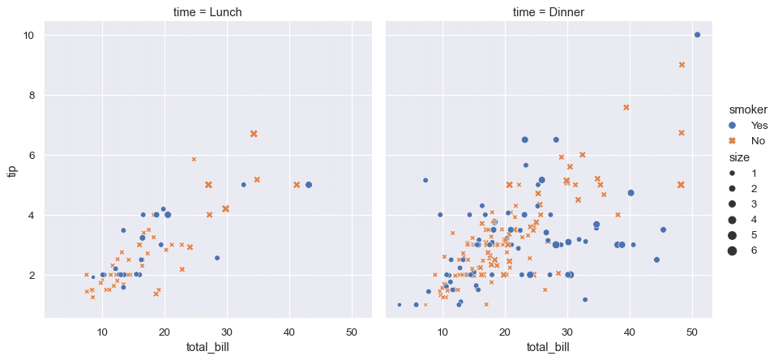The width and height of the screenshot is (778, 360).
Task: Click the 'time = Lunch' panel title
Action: [207, 12]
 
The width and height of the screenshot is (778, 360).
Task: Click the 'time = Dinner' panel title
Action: [549, 12]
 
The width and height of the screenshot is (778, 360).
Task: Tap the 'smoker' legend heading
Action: [747, 109]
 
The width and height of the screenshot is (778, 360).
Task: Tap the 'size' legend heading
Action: [738, 157]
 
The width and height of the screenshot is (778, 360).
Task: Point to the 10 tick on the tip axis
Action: [28, 36]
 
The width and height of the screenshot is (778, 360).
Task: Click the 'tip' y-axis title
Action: [11, 170]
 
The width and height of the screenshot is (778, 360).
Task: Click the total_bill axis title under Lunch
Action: [207, 348]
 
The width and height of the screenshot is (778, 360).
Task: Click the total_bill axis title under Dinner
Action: [549, 348]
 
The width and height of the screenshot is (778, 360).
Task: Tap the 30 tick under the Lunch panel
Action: [227, 332]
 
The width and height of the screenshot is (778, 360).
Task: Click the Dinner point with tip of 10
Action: [697, 35]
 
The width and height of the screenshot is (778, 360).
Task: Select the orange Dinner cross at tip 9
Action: [682, 65]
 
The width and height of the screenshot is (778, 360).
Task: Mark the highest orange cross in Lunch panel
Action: [254, 134]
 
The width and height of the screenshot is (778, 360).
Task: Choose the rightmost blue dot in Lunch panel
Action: [308, 185]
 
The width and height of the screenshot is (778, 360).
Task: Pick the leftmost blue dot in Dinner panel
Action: [399, 305]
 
